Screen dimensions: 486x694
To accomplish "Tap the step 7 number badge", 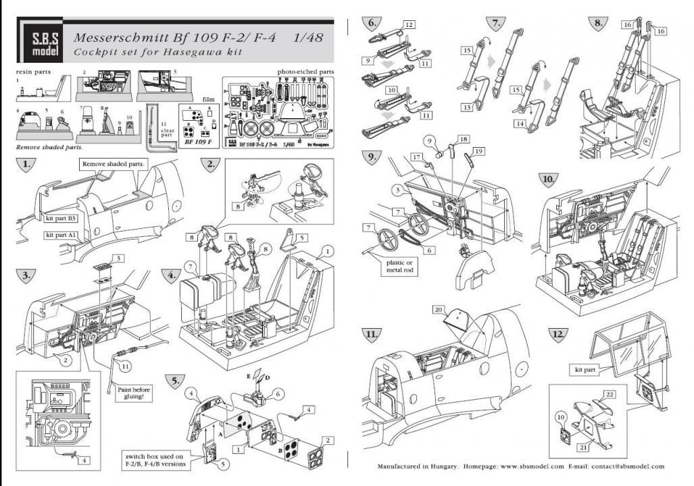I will (497, 23).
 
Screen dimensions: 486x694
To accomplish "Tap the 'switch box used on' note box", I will (159, 456).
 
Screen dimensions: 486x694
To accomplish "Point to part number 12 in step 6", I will (409, 24).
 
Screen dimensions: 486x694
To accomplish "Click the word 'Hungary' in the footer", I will (443, 466).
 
